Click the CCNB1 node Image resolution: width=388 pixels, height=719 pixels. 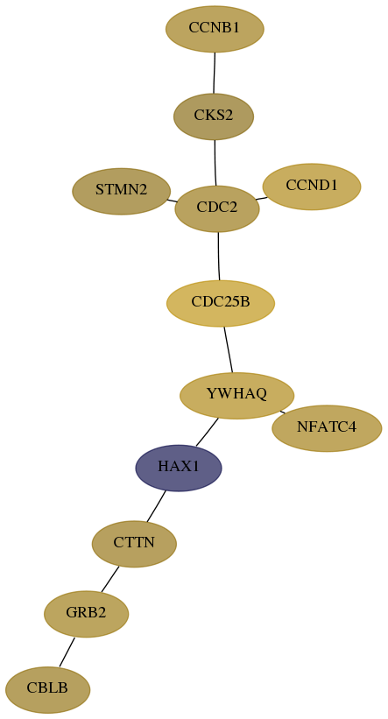(x=215, y=29)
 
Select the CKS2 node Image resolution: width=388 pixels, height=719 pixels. (x=214, y=116)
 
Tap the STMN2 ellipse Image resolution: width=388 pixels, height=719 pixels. (x=122, y=191)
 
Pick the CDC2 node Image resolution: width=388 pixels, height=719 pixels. (x=217, y=208)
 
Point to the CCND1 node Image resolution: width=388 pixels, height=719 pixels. (x=312, y=187)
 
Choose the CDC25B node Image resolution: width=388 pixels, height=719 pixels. (x=221, y=303)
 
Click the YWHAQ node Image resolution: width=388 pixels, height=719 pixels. (x=236, y=395)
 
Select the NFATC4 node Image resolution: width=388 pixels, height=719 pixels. (x=327, y=428)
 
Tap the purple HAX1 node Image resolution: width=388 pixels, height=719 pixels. (x=179, y=468)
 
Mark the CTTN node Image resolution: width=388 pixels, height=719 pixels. (x=134, y=544)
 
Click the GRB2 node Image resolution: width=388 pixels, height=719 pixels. (x=86, y=614)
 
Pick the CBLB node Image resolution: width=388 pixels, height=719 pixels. (x=47, y=689)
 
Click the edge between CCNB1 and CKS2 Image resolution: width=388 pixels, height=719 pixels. (x=215, y=73)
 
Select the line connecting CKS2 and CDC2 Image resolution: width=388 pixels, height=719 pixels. (x=215, y=163)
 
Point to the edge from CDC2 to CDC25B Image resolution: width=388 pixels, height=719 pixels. (x=219, y=256)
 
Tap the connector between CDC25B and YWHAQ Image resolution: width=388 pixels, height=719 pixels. (x=229, y=349)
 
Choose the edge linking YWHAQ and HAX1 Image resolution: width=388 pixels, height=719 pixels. (x=207, y=432)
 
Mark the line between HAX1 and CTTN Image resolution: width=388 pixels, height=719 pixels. (x=156, y=506)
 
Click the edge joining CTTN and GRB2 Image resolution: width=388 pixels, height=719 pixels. (x=110, y=579)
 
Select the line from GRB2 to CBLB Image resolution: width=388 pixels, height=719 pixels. (x=67, y=652)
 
